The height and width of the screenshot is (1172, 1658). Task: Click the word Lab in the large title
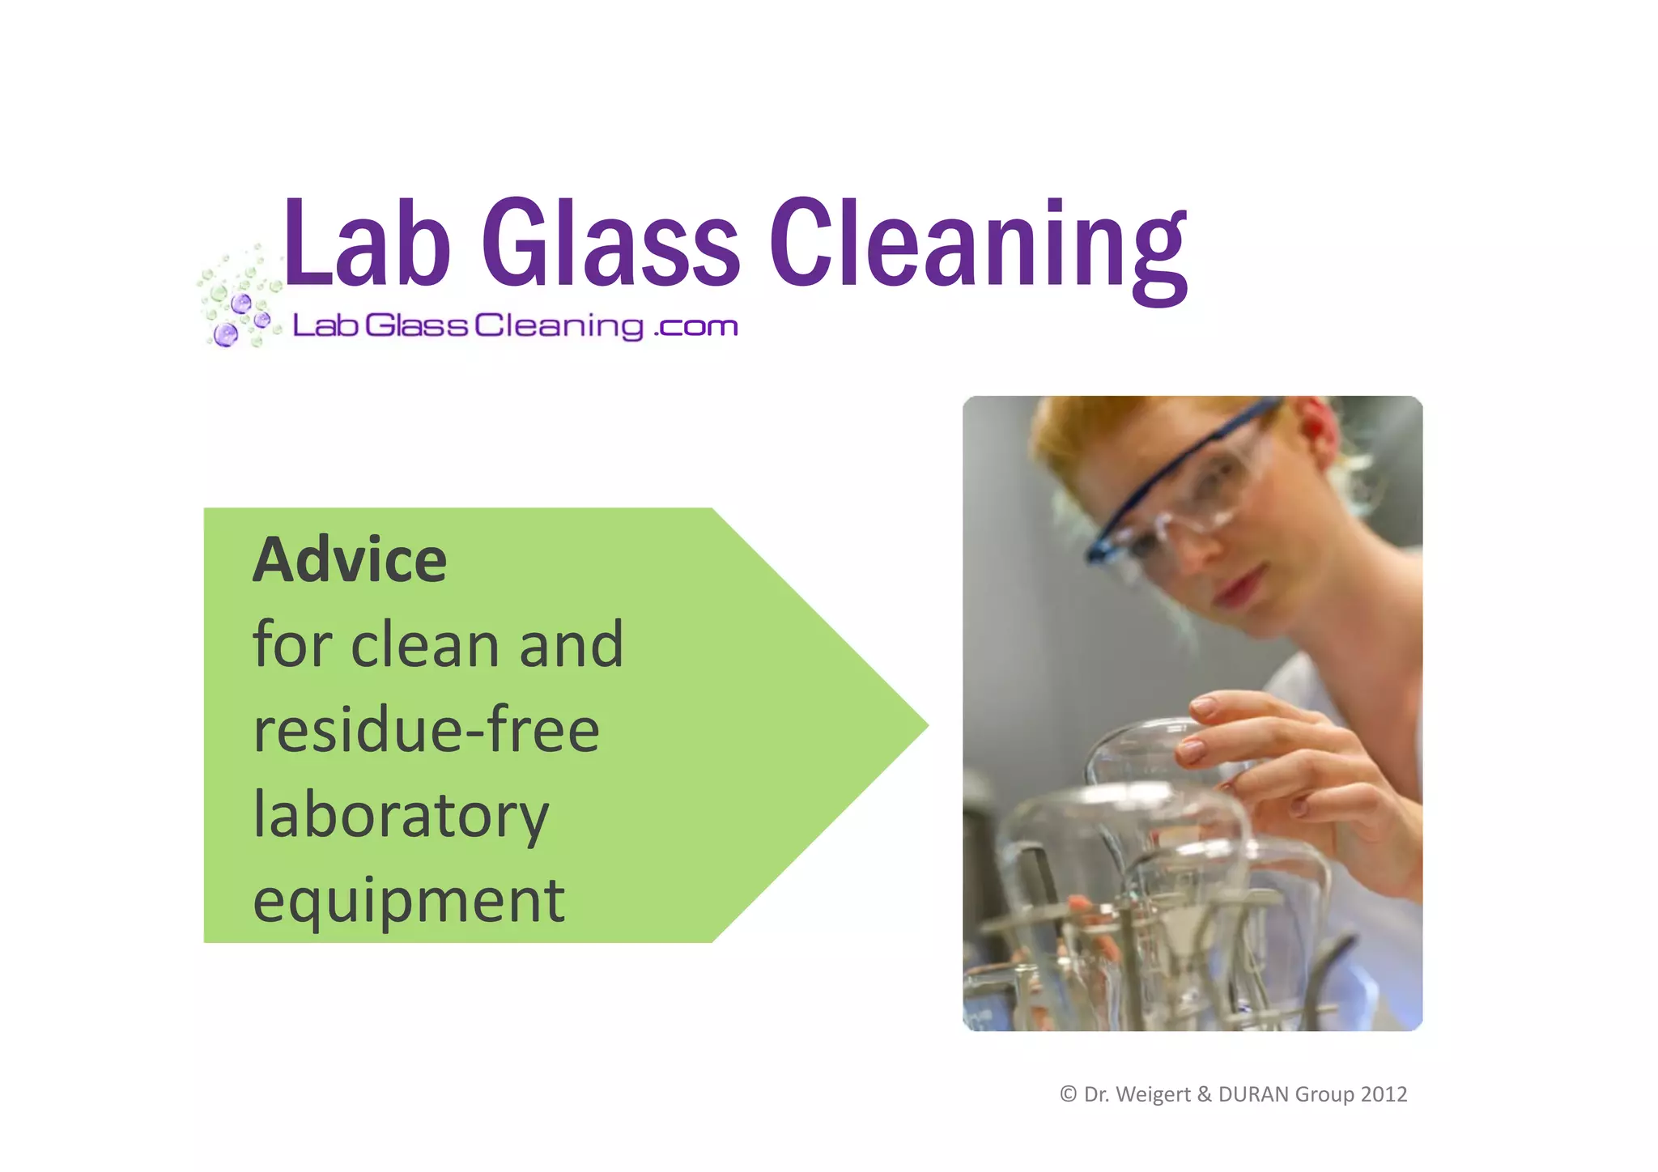[366, 243]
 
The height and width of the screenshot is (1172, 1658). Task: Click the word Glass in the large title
[610, 243]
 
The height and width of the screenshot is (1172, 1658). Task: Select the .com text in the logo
[695, 326]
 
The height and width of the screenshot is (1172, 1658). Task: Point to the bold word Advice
[350, 560]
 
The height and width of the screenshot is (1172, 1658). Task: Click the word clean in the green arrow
[425, 645]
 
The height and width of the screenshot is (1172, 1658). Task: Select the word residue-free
[427, 730]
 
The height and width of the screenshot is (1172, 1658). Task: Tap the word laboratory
[401, 816]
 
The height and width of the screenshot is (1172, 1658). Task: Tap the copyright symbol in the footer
[1068, 1094]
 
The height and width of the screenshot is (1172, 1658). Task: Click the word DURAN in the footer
[1253, 1094]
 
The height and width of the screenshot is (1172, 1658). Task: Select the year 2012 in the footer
[1384, 1094]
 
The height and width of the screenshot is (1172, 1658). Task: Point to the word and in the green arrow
[571, 645]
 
